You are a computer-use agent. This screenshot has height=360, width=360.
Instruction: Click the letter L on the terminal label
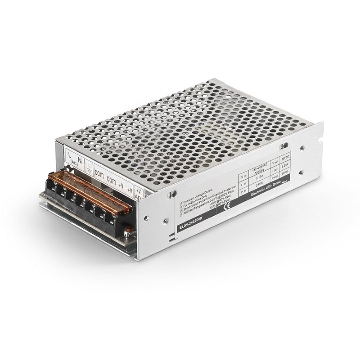click(x=69, y=155)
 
